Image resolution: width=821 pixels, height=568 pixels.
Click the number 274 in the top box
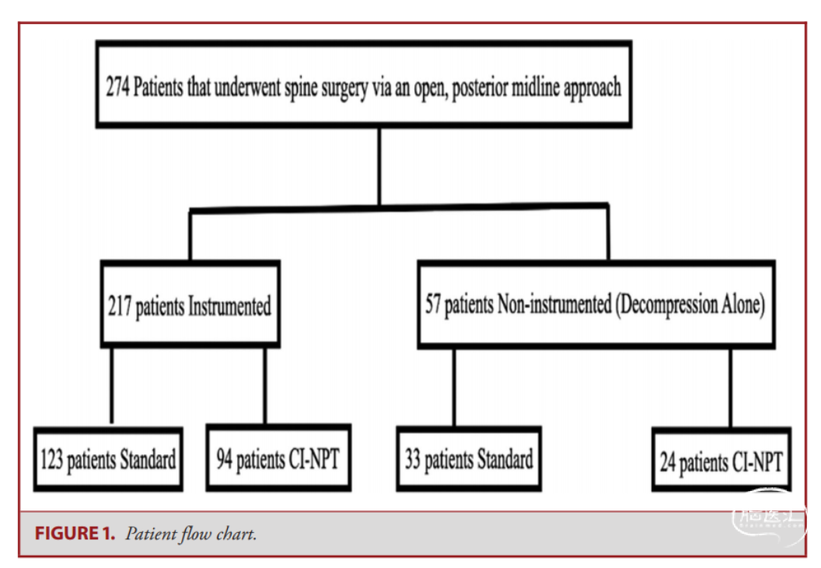(118, 86)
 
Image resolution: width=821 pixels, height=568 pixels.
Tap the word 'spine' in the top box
(301, 88)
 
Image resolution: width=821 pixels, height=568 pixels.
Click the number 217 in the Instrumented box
(120, 306)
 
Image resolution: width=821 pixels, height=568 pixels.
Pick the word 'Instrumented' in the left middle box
(229, 306)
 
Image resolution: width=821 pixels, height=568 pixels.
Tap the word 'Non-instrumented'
(554, 303)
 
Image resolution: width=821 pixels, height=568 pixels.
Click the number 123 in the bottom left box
(51, 460)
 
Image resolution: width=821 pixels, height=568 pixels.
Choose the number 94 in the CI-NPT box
(224, 459)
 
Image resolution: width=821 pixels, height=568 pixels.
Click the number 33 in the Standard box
(413, 459)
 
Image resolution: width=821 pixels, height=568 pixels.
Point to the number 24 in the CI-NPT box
(668, 461)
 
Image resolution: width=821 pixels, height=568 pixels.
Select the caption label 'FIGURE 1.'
(75, 534)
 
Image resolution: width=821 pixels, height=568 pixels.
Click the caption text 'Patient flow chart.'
(190, 534)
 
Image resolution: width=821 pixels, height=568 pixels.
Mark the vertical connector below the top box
(379, 167)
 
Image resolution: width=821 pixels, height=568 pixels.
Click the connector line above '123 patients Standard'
(111, 385)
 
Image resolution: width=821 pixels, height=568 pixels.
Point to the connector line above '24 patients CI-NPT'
(730, 387)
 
